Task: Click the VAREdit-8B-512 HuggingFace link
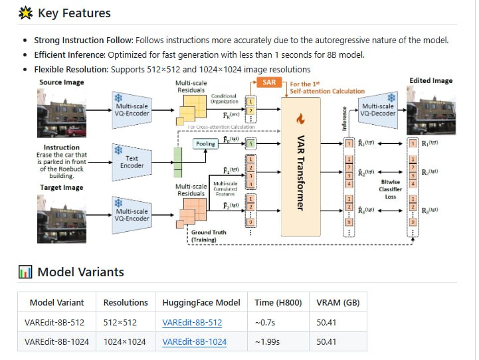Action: coord(192,323)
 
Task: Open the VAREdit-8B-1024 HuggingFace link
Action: coord(195,342)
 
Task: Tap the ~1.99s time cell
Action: coord(268,342)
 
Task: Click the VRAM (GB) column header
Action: coord(338,302)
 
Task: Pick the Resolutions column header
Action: coord(126,302)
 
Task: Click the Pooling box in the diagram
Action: coord(205,143)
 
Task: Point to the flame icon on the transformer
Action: coord(300,120)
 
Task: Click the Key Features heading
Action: coord(74,13)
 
